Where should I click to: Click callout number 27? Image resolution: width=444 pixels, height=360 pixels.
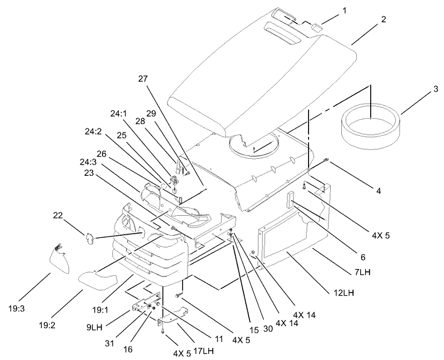click(143, 79)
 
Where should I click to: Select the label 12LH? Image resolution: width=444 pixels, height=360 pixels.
click(343, 293)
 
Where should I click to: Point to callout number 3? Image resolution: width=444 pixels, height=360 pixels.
click(435, 89)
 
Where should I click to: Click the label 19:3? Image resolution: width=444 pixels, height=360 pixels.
click(17, 308)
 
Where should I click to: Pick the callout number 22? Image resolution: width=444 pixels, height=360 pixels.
click(58, 215)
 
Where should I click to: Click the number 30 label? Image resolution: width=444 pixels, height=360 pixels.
click(268, 328)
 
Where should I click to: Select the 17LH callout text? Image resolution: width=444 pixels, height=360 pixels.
click(203, 351)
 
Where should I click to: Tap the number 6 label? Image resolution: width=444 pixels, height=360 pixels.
click(363, 257)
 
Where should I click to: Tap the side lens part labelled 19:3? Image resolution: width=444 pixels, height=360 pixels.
click(59, 260)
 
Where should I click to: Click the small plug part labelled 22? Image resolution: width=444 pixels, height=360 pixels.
click(90, 238)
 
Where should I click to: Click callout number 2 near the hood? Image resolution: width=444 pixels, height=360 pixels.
click(384, 19)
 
